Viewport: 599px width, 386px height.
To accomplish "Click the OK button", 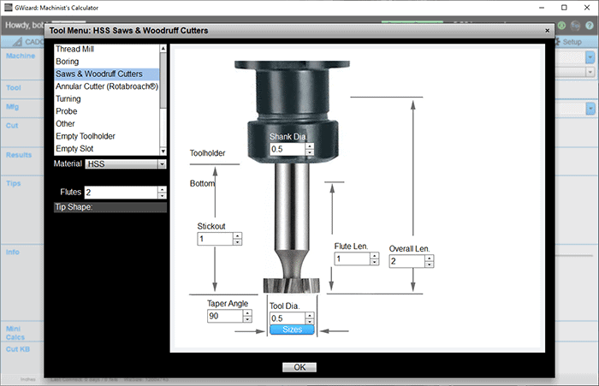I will click(x=299, y=367).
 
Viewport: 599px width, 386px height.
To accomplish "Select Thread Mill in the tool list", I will click(x=74, y=50).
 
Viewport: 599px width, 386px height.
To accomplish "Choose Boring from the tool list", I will click(x=68, y=62).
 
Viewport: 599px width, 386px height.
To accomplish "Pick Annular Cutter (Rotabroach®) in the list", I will click(x=106, y=86).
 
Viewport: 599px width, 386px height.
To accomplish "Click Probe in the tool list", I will click(x=67, y=111).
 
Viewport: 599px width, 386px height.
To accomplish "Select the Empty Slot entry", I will click(x=74, y=149).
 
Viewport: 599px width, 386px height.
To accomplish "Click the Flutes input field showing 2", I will click(x=120, y=193).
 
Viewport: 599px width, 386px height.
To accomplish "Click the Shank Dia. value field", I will click(x=286, y=149).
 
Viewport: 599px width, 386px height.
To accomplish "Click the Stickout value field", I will click(x=214, y=239).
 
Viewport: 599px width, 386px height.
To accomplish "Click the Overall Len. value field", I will click(x=406, y=261).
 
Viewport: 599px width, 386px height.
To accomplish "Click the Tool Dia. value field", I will click(x=287, y=318).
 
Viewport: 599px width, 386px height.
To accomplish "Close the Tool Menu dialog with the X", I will click(x=548, y=30).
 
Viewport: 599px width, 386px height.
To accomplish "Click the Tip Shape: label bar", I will click(x=110, y=207).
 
